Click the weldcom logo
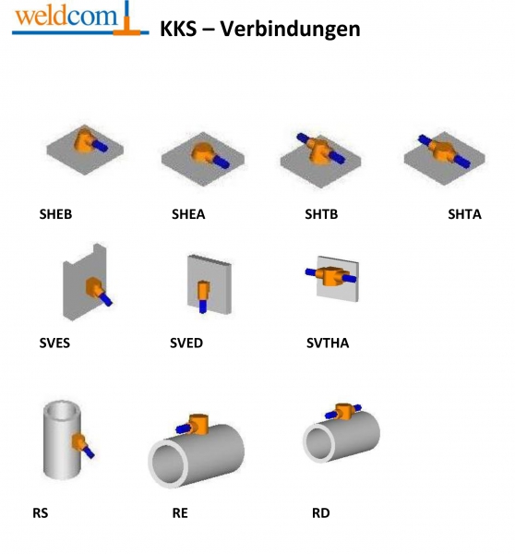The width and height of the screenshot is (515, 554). coord(80,18)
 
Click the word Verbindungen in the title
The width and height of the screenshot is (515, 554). coord(291,29)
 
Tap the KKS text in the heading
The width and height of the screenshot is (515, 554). coord(178,29)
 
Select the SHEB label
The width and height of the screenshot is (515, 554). coord(55,214)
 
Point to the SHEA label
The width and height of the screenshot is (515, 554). coord(188,214)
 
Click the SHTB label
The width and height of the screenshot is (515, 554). coord(321,214)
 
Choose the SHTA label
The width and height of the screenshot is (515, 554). coord(464,214)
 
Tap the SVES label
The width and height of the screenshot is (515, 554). coord(54,343)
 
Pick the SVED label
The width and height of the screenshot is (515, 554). coord(186,343)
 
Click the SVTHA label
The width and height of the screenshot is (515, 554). coord(328,343)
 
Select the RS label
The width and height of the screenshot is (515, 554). coord(41,513)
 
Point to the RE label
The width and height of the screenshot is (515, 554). coord(180,513)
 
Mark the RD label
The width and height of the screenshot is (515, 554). coord(321,513)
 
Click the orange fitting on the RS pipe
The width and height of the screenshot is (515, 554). coord(78,442)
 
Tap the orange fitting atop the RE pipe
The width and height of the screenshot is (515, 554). coord(198,424)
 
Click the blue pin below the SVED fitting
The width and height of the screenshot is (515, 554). coord(202,306)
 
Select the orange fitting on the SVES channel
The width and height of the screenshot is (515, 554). coord(93,286)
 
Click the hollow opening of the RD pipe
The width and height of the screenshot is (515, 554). coord(320,441)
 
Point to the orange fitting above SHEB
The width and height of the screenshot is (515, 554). coord(84,140)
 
